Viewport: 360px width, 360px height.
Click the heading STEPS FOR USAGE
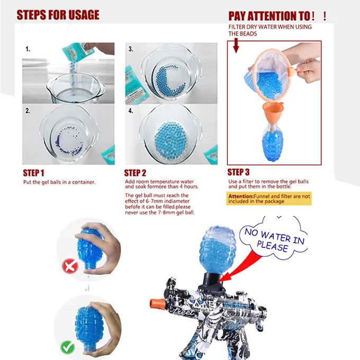(58, 14)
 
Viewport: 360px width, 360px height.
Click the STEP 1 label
(33, 173)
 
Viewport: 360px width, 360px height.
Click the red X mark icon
(69, 266)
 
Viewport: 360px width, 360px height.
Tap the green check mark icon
(68, 348)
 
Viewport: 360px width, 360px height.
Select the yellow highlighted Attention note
(269, 199)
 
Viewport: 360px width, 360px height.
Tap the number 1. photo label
(27, 49)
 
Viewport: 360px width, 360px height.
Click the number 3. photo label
(130, 49)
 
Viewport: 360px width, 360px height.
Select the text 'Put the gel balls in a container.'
(59, 182)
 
